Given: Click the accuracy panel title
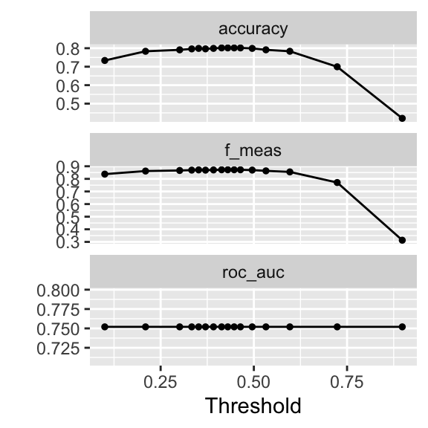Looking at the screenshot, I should [253, 29].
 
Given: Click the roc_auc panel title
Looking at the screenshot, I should [253, 272].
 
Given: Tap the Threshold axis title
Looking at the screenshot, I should [253, 406].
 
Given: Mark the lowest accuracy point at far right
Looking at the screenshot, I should [402, 118].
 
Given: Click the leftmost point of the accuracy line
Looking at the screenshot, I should [105, 60].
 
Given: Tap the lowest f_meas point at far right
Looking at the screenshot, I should [402, 240].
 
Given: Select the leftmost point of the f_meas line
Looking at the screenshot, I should [105, 174].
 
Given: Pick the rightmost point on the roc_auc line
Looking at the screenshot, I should [402, 326].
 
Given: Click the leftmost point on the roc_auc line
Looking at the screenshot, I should [105, 326].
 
